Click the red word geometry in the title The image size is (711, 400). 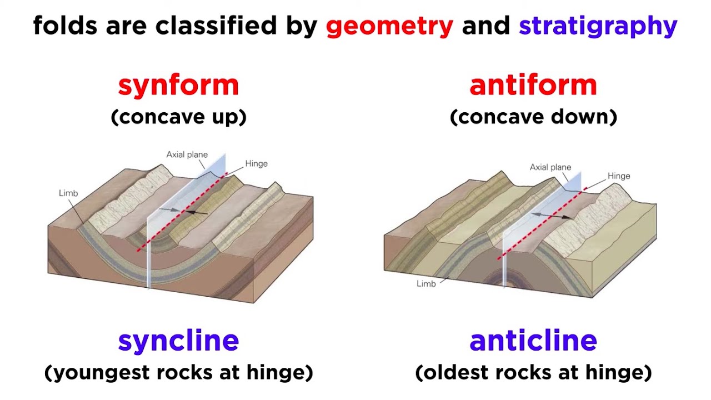[389, 26]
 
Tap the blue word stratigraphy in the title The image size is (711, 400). [598, 26]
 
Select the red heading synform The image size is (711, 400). [178, 85]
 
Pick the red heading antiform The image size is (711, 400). [533, 85]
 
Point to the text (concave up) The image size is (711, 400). [178, 117]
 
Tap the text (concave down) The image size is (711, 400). [533, 117]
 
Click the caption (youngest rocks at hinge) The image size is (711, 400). [178, 372]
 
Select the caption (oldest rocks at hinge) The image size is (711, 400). [533, 372]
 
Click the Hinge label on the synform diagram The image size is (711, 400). [256, 164]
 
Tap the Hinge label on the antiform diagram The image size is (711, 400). [618, 176]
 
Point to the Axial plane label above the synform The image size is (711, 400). [187, 155]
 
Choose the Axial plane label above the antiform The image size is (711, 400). [550, 167]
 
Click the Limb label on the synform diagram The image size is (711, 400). [68, 193]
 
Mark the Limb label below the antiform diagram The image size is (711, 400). [426, 284]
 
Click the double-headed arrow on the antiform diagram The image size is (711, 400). [550, 215]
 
